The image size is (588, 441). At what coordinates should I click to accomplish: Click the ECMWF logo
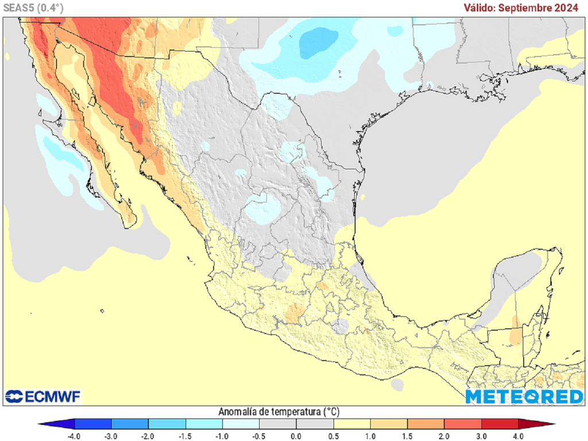(43, 396)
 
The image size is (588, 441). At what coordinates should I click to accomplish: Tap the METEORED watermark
(524, 397)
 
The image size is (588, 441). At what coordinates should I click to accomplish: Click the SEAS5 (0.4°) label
(33, 8)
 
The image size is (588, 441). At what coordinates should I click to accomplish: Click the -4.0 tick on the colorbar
(74, 436)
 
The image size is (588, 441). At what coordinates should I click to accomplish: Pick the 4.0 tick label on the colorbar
(519, 436)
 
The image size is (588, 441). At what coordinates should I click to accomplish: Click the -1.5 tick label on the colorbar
(185, 436)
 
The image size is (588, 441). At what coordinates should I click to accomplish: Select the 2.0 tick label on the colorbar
(444, 436)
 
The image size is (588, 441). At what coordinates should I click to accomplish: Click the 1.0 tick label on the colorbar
(370, 436)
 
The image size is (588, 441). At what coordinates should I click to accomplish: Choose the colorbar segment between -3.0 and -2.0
(130, 424)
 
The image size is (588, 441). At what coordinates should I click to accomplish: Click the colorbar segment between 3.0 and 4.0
(500, 424)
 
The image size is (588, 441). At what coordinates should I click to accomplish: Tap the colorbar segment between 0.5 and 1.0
(352, 424)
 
